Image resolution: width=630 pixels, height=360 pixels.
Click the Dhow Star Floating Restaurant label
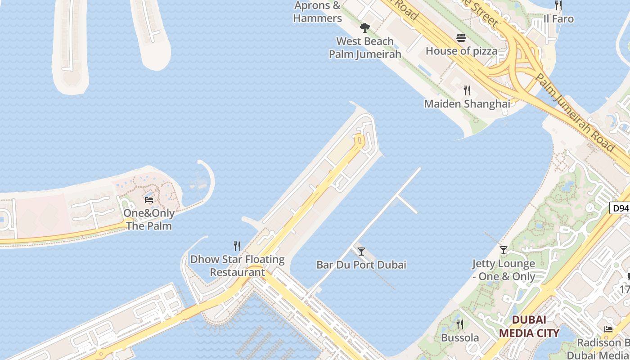237,265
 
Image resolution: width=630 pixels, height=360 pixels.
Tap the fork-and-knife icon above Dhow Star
237,246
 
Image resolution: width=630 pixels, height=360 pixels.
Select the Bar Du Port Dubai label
361,265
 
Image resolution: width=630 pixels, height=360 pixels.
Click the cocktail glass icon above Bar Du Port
361,251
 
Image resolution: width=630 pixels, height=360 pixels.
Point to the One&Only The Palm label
149,219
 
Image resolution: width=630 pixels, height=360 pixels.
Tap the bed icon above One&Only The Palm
149,199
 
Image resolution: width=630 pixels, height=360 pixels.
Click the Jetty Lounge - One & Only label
504,270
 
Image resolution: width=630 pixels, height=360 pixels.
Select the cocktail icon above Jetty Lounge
504,250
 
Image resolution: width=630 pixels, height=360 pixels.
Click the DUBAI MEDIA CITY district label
529,327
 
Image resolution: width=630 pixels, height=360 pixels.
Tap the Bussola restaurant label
460,337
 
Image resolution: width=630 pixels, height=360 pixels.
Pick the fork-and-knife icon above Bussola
460,324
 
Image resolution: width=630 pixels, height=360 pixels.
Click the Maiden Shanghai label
467,104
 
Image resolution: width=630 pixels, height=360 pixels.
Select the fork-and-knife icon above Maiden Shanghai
467,90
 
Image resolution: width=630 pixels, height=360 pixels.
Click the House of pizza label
461,51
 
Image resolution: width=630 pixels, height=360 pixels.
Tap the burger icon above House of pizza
461,37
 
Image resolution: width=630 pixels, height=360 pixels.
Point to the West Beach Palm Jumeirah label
365,48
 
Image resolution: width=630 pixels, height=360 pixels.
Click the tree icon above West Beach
365,27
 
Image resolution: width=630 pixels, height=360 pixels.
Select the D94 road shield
620,208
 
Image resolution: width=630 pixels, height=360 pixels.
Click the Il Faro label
558,19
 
